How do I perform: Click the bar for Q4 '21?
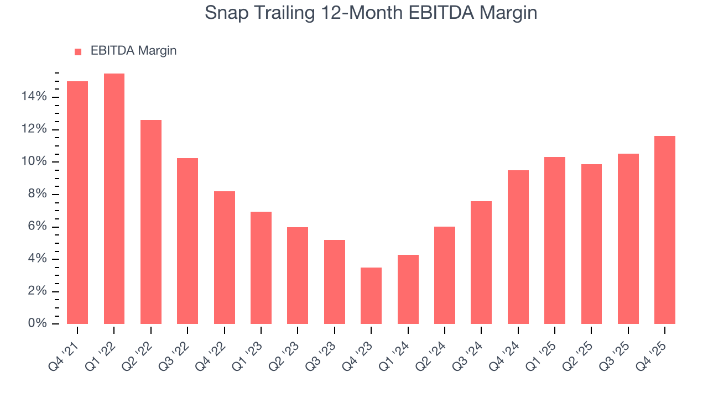[x=77, y=202]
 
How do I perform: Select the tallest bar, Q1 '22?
[x=114, y=198]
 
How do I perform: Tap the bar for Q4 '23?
[x=371, y=296]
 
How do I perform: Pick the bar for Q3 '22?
[x=188, y=241]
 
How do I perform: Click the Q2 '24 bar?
[x=444, y=275]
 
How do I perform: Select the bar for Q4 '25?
[x=664, y=230]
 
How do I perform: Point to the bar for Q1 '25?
[x=554, y=240]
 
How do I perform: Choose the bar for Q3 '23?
[x=334, y=282]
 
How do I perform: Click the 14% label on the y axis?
[x=34, y=97]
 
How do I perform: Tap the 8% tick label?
[x=37, y=195]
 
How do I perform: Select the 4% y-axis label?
[x=37, y=259]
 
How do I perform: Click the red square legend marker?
[x=78, y=51]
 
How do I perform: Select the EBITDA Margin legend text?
[x=133, y=51]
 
